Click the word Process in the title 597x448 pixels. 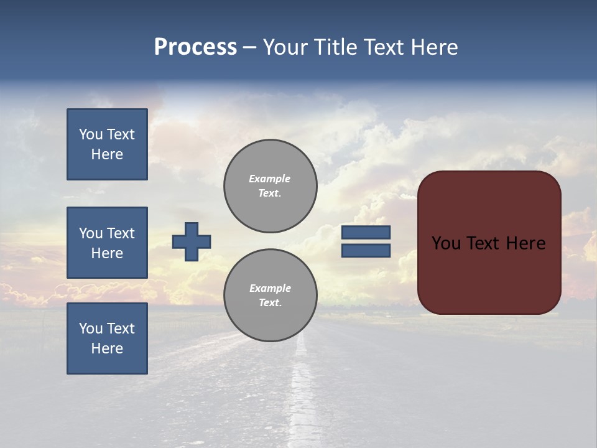click(195, 47)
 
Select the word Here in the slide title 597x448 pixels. click(434, 47)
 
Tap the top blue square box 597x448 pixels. click(107, 144)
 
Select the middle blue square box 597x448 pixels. click(107, 243)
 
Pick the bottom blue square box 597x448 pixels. click(107, 338)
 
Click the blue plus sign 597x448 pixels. click(192, 241)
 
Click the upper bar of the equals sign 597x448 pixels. click(366, 232)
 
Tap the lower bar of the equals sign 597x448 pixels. click(366, 250)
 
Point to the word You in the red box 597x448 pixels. click(446, 243)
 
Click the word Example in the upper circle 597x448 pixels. click(270, 179)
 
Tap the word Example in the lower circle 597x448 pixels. click(270, 288)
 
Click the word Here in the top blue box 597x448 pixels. click(107, 154)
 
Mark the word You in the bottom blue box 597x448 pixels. click(91, 329)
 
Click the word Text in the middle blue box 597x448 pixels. click(121, 233)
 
